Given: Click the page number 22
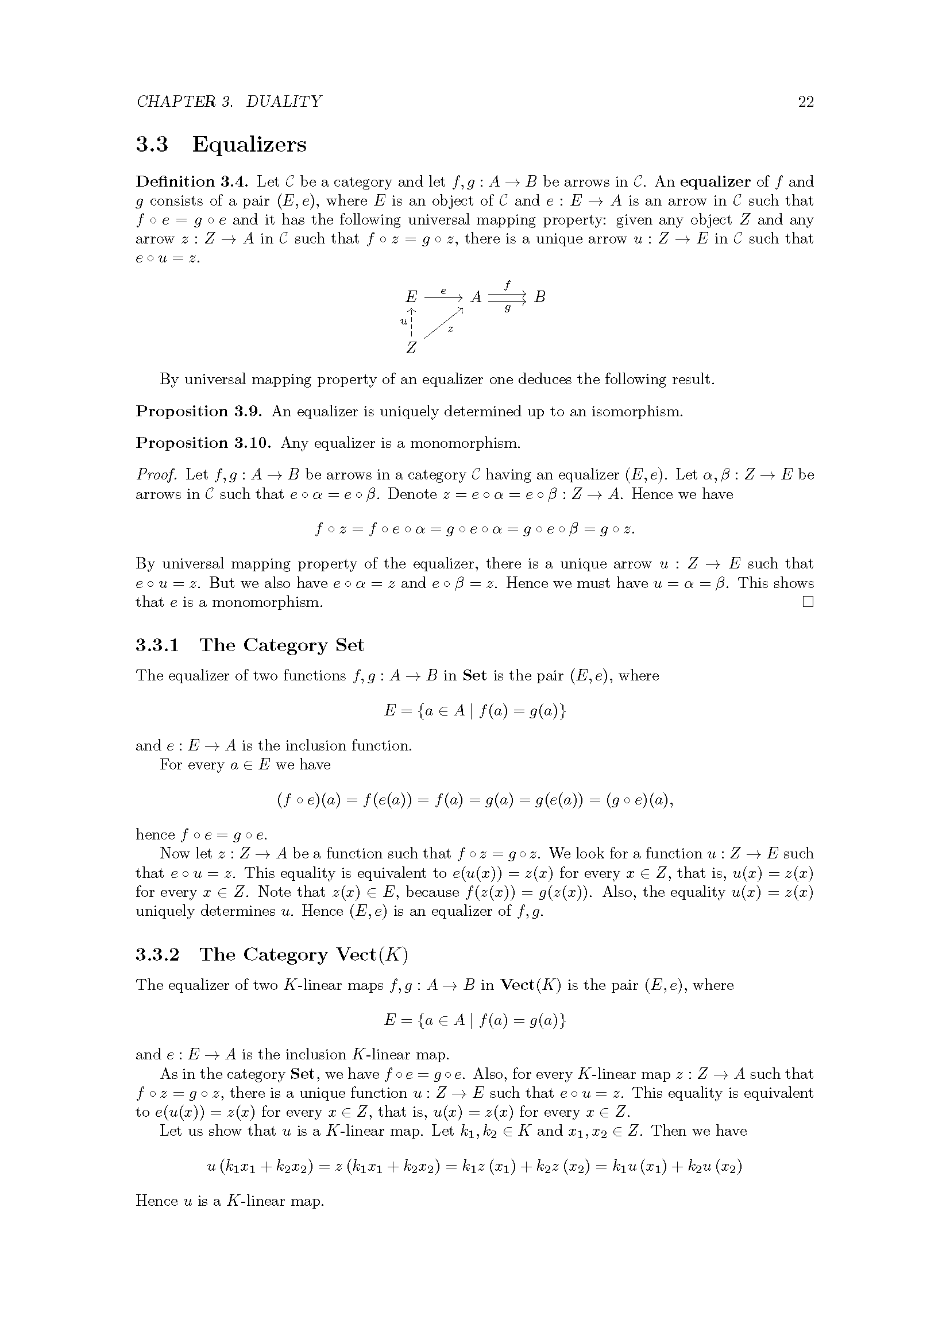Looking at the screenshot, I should [805, 102].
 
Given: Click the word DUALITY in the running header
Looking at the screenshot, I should [284, 102].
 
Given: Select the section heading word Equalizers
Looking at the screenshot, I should [249, 145].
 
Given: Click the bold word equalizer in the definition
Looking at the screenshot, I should [715, 182].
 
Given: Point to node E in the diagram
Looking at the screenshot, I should [412, 297].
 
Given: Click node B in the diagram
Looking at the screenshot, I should [540, 297].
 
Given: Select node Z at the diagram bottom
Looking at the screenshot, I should [412, 348].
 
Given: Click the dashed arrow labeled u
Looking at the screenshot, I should [412, 322].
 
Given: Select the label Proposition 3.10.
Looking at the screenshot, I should [203, 443].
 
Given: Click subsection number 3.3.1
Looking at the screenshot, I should [157, 646].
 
